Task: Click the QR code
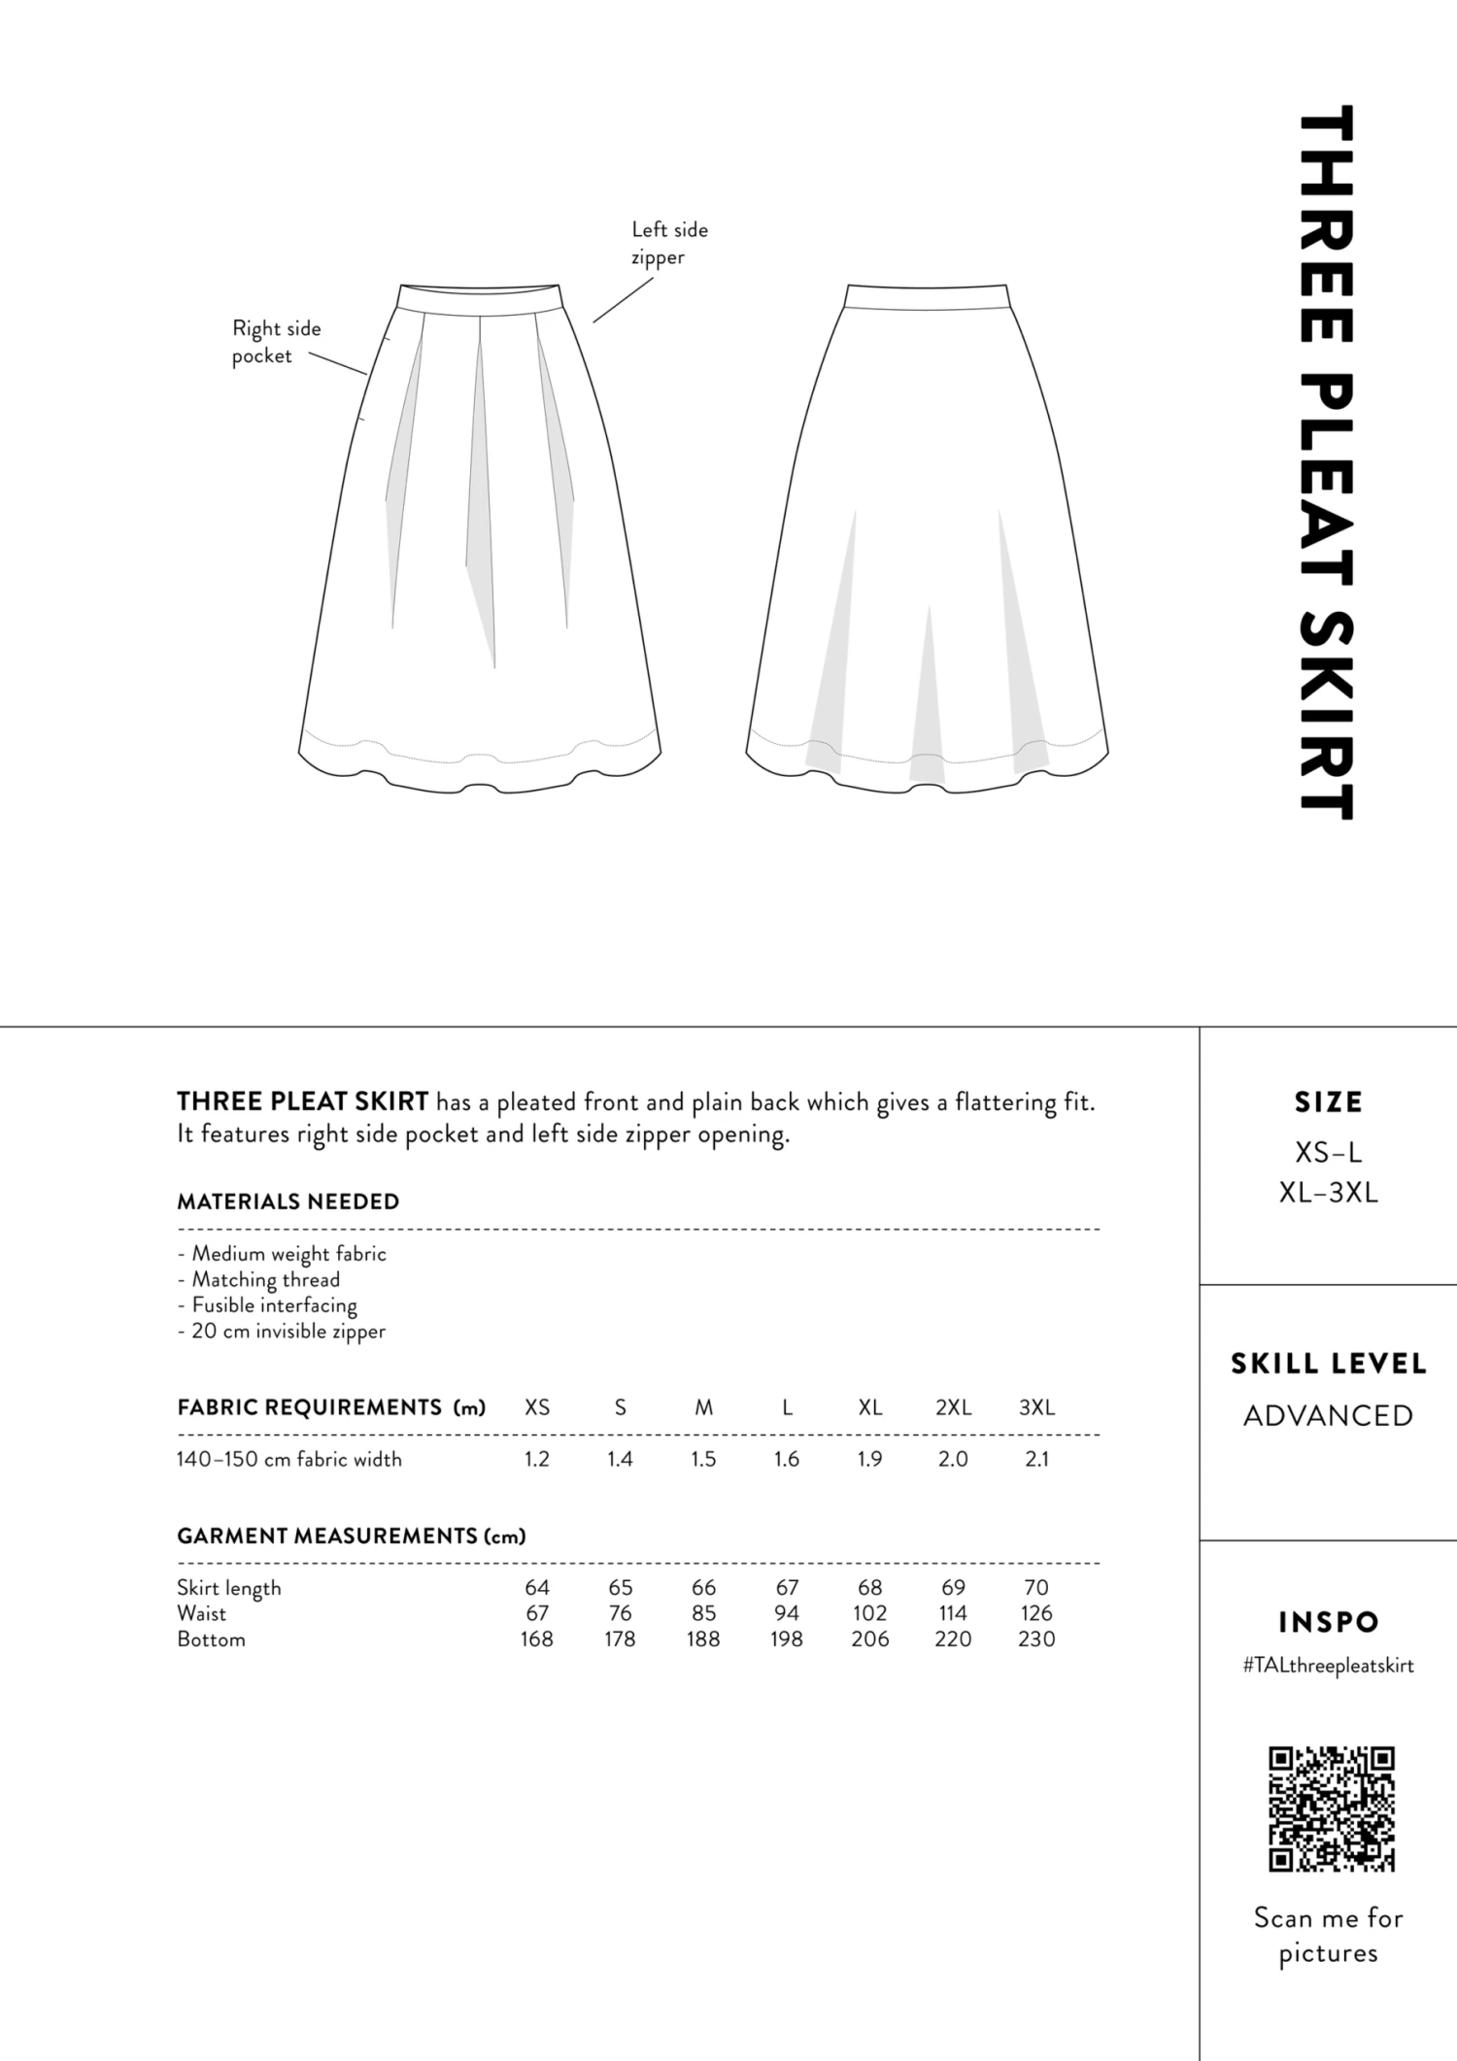coord(1331,1808)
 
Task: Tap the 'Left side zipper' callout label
coord(669,243)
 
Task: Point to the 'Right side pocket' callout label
coord(276,342)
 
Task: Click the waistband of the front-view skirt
coord(480,298)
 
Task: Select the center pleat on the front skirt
coord(480,486)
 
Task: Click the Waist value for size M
coord(703,1613)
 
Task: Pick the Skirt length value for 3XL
coord(1036,1587)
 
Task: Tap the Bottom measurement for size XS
coord(536,1639)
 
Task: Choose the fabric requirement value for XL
coord(869,1459)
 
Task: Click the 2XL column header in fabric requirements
coord(953,1407)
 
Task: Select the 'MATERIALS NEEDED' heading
coord(288,1201)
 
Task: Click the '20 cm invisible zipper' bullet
coord(282,1331)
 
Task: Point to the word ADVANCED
coord(1328,1416)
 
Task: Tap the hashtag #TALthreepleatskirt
coord(1328,1666)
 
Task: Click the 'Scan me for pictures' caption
coord(1328,1935)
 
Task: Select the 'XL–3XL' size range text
coord(1328,1193)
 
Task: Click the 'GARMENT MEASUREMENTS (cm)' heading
coord(351,1536)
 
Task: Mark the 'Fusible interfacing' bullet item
coord(268,1305)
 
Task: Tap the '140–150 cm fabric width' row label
coord(288,1459)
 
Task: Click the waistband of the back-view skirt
coord(927,296)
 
